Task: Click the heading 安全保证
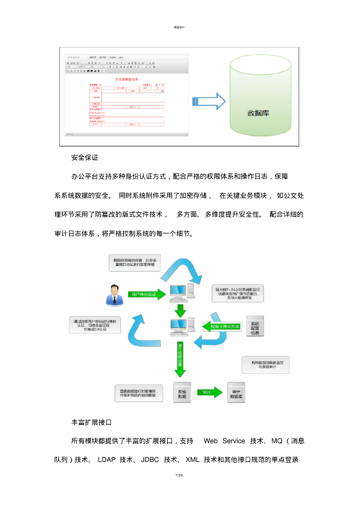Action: pos(85,158)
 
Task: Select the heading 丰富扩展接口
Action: pos(91,422)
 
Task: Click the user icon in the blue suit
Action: pos(114,295)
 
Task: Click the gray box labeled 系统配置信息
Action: pos(256,326)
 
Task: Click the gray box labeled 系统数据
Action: pos(182,392)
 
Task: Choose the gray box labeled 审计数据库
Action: pos(236,392)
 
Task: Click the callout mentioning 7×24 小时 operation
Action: pos(237,293)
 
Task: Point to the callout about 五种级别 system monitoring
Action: pos(266,365)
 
